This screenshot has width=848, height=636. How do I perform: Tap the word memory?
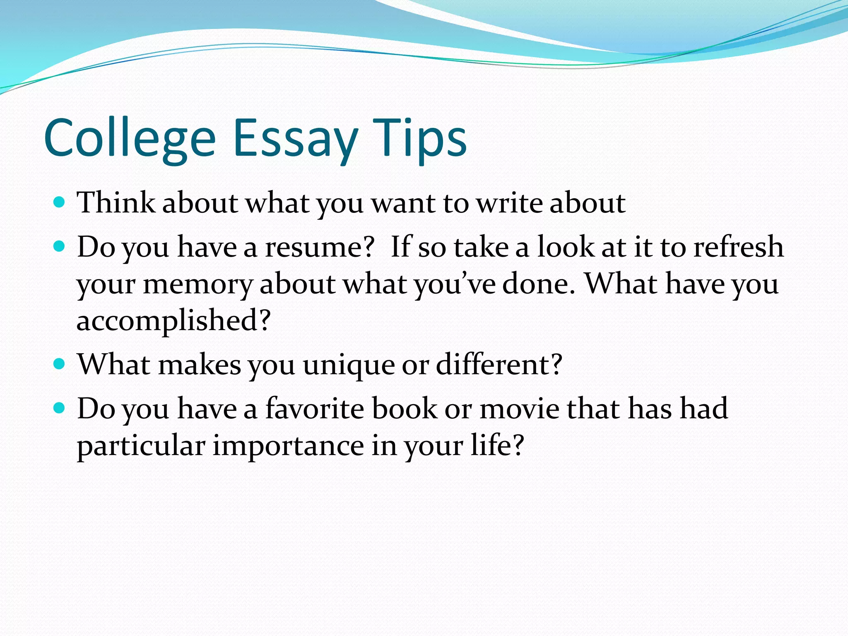pos(198,285)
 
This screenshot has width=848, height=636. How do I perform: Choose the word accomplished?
pos(173,321)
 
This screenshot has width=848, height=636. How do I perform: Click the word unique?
pos(349,365)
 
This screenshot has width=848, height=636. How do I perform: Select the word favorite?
pos(315,409)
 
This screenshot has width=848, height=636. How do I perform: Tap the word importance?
pos(288,446)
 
